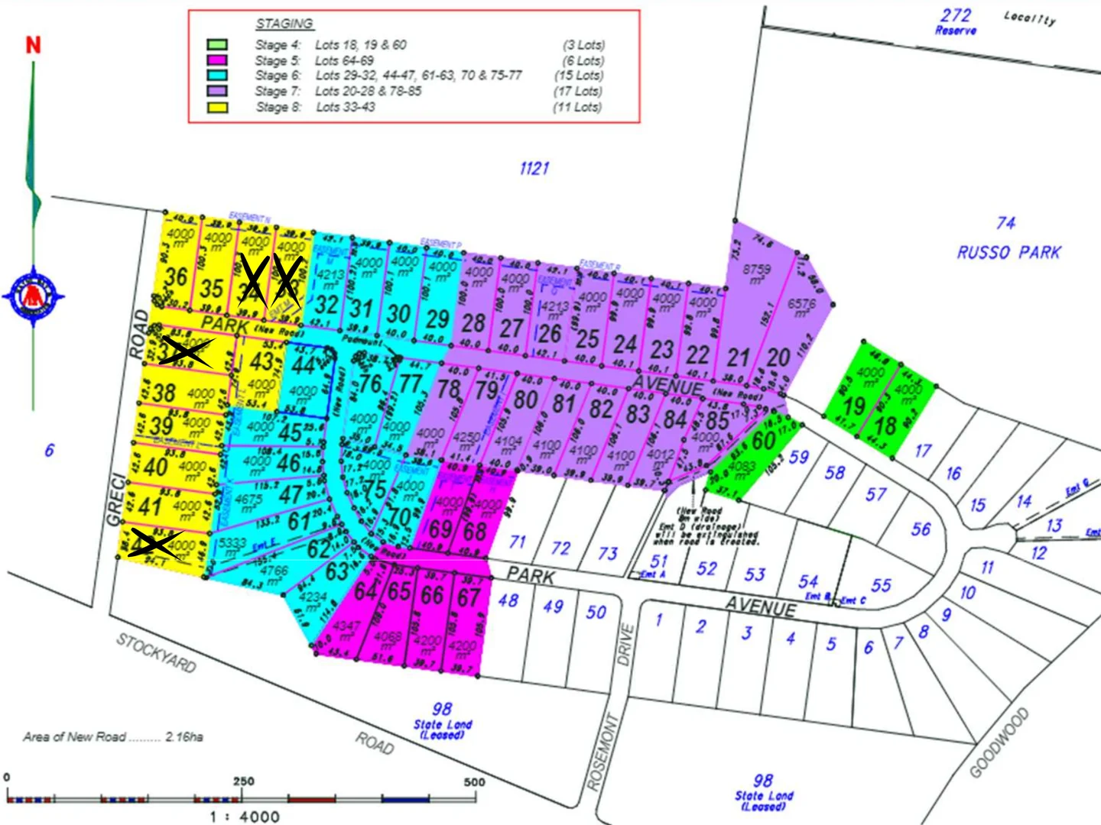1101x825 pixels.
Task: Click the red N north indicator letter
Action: click(33, 45)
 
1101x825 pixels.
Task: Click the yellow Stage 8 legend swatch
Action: click(217, 107)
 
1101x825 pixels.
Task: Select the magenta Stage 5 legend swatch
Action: click(217, 60)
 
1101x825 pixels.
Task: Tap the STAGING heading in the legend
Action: click(284, 24)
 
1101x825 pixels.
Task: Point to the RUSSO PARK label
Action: click(1008, 252)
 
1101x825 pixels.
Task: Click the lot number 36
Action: click(176, 277)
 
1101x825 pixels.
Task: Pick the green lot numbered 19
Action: click(854, 406)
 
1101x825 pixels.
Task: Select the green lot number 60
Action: click(763, 441)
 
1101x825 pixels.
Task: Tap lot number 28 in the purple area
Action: click(473, 323)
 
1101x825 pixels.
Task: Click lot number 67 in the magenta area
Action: click(469, 597)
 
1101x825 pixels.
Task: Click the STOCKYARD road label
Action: click(156, 653)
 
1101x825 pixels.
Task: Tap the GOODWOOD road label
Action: click(999, 743)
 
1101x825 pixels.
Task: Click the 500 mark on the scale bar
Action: click(474, 781)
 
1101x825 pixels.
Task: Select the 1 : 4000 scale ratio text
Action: click(245, 817)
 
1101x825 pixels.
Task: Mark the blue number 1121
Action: click(534, 168)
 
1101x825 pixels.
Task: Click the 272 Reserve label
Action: click(956, 21)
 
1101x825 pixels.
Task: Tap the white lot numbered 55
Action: click(881, 585)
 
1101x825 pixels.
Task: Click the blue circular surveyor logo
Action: click(34, 296)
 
